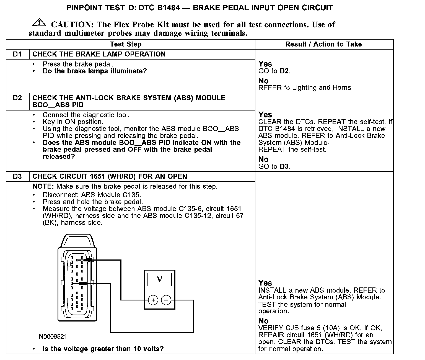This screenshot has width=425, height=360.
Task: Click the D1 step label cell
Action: click(17, 54)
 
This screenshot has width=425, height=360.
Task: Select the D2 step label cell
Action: click(17, 98)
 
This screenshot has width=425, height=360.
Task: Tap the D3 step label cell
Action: click(17, 176)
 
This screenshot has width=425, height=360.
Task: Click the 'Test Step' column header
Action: click(126, 44)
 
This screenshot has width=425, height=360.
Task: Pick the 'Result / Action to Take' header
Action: click(323, 44)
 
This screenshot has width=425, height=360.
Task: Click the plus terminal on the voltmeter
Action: click(153, 300)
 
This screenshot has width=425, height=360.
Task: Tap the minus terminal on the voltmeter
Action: click(166, 300)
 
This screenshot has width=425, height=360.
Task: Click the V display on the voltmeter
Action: click(159, 279)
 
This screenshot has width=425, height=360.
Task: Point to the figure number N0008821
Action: click(53, 336)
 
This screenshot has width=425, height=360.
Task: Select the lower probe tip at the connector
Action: click(83, 283)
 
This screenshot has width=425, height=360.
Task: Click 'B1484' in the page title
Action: click(168, 7)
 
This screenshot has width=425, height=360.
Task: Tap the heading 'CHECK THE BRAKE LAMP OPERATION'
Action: click(99, 54)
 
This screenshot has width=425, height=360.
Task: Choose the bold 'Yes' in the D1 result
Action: click(265, 64)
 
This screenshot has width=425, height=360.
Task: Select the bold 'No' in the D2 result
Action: click(263, 159)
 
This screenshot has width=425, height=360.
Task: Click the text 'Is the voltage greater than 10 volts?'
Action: click(103, 349)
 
